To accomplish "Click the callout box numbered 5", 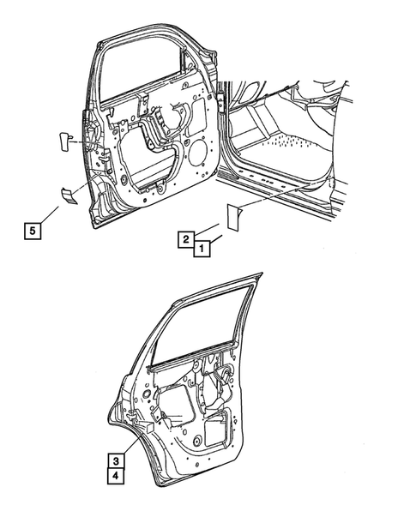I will point(32,230).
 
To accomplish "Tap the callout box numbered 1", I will point(200,249).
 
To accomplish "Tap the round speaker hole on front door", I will point(195,159).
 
